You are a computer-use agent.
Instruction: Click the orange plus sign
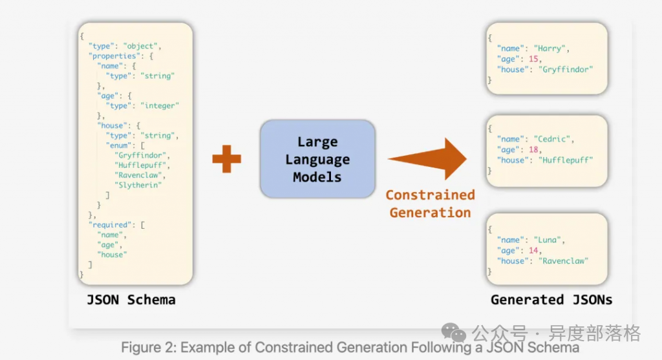[226, 158]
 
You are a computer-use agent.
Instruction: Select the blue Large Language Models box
[317, 159]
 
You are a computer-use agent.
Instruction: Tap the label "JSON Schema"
[131, 300]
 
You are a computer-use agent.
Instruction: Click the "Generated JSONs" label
[551, 299]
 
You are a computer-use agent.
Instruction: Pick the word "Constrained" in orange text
[430, 195]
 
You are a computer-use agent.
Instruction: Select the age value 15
[533, 59]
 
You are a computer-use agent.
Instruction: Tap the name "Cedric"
[553, 139]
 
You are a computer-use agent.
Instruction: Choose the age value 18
[533, 149]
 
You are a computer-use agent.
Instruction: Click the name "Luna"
[548, 240]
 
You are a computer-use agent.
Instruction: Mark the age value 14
[533, 250]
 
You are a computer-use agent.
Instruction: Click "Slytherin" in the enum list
[138, 185]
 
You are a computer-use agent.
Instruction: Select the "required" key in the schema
[112, 225]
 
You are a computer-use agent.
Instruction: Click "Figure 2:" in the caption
[149, 347]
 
